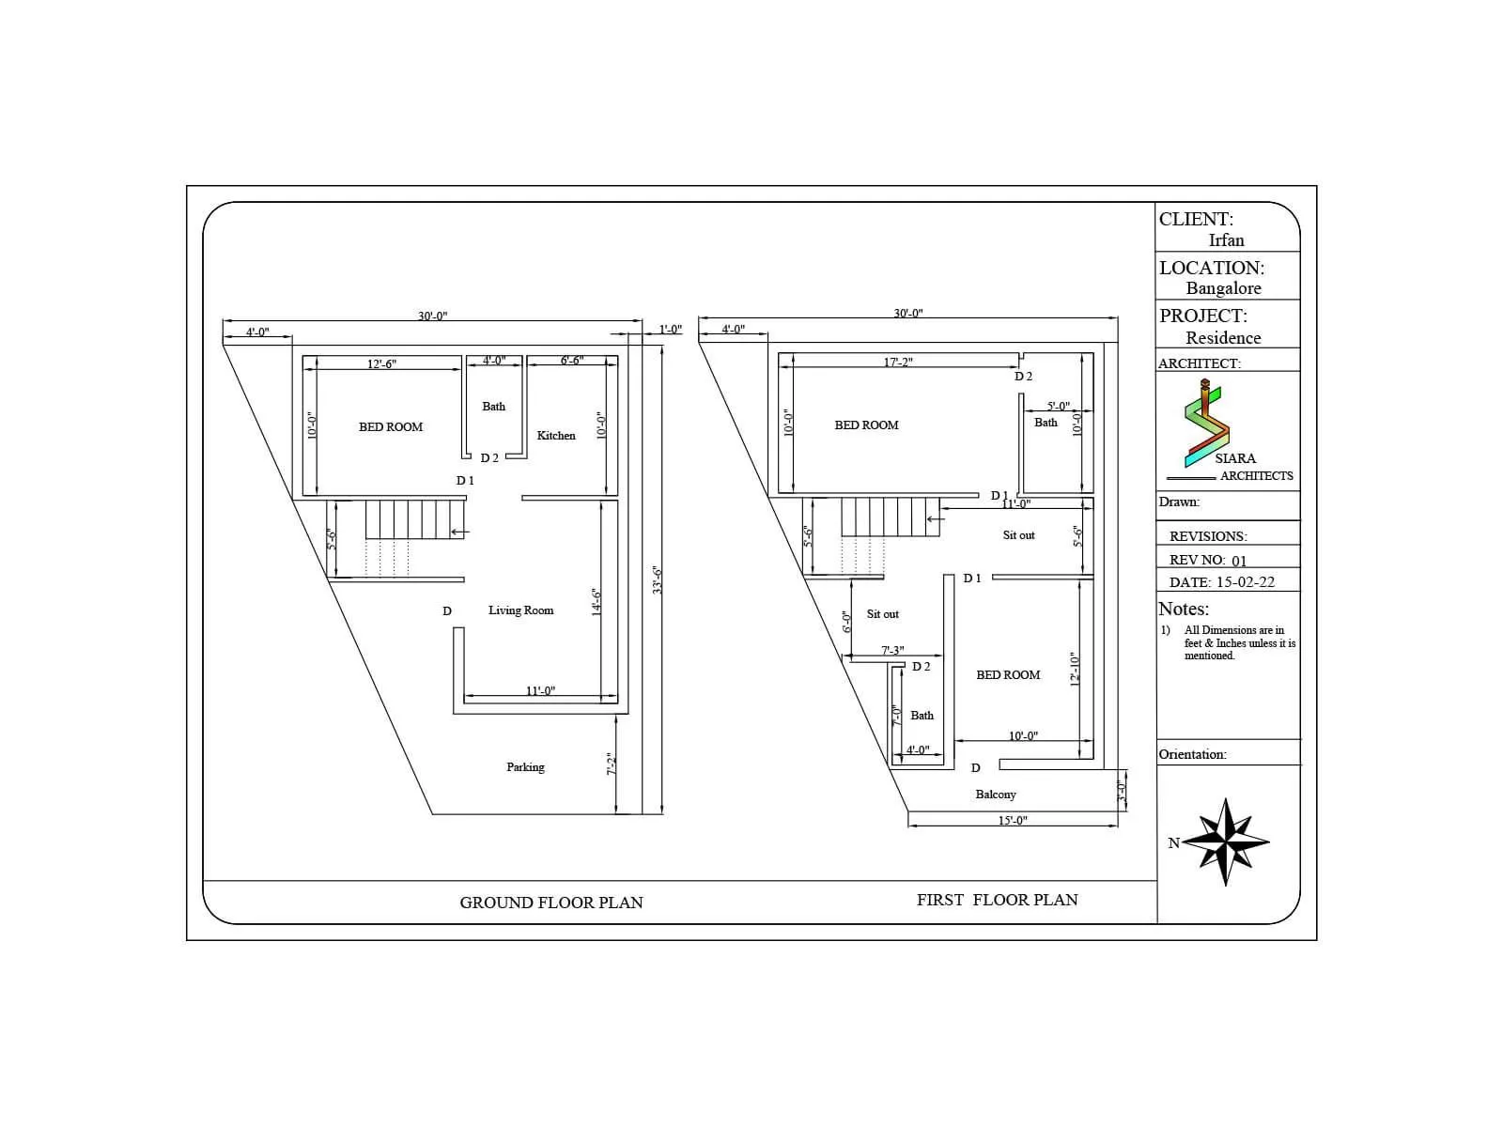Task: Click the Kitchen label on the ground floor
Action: [x=556, y=436]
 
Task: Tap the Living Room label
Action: [x=520, y=610]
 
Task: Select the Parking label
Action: [x=525, y=767]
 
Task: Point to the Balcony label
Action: [x=996, y=795]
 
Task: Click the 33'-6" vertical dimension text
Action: [x=659, y=579]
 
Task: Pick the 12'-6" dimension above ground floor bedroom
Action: [x=381, y=363]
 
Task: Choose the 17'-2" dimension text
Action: [x=898, y=362]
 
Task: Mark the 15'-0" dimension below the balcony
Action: [x=1013, y=821]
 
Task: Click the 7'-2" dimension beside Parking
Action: [x=611, y=764]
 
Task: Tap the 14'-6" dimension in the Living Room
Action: [x=596, y=602]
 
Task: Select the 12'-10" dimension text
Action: [x=1076, y=670]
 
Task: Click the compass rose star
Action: [x=1226, y=841]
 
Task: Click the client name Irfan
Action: [x=1226, y=240]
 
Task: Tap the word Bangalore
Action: [x=1223, y=288]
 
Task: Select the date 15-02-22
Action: [x=1245, y=582]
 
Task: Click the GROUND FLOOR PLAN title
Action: [x=551, y=903]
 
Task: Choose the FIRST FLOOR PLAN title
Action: [x=997, y=900]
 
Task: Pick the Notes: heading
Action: [x=1184, y=609]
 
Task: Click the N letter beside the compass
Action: [x=1173, y=843]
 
